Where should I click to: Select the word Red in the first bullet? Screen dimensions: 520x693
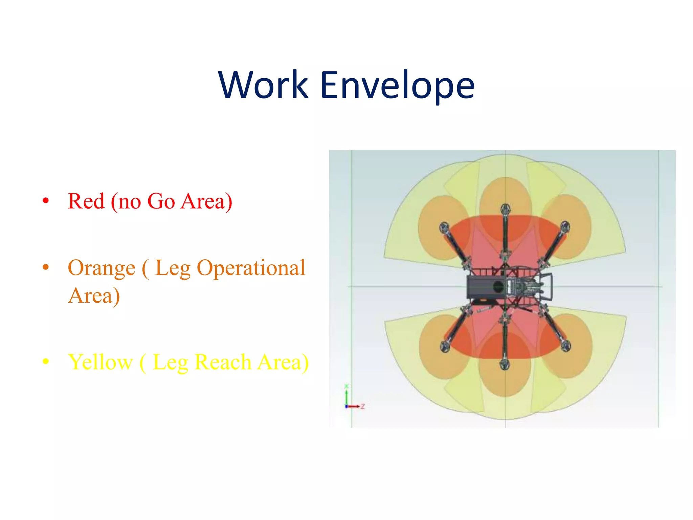[86, 201]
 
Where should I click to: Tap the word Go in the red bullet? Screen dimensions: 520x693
[161, 201]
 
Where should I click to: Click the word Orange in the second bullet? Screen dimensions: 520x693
[102, 268]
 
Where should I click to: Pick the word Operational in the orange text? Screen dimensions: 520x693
[251, 268]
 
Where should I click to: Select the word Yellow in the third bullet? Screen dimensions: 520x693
[100, 362]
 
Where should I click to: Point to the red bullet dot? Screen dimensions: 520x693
[46, 201]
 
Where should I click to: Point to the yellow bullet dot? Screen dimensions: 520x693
[46, 362]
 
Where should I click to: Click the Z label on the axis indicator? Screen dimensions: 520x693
[362, 406]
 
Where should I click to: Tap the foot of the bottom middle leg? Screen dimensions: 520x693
[505, 365]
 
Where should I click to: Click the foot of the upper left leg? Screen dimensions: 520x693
[444, 227]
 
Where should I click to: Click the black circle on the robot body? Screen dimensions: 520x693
[498, 287]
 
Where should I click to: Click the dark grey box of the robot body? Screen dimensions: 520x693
[480, 287]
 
